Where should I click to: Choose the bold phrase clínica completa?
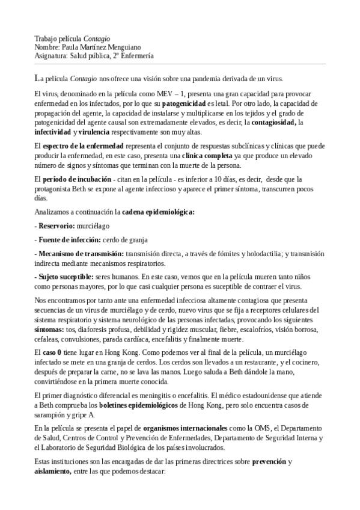pos(212,155)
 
